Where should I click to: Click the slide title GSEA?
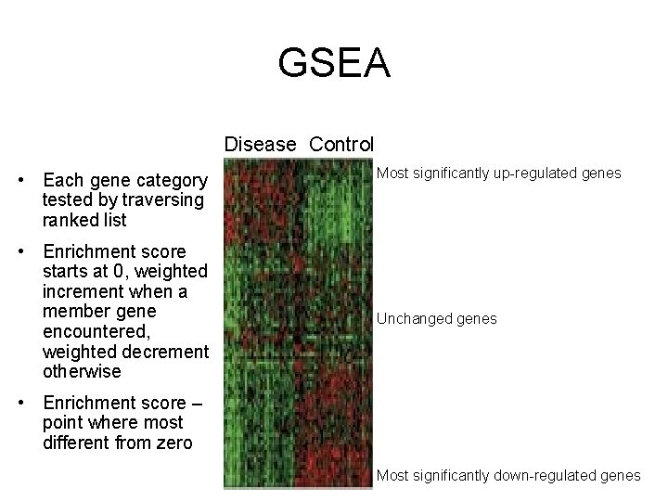334,64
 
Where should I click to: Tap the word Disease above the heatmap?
260,145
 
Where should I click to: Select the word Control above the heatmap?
341,145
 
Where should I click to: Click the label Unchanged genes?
436,319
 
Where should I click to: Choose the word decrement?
168,353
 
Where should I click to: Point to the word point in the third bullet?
64,423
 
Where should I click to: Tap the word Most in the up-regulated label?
392,173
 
